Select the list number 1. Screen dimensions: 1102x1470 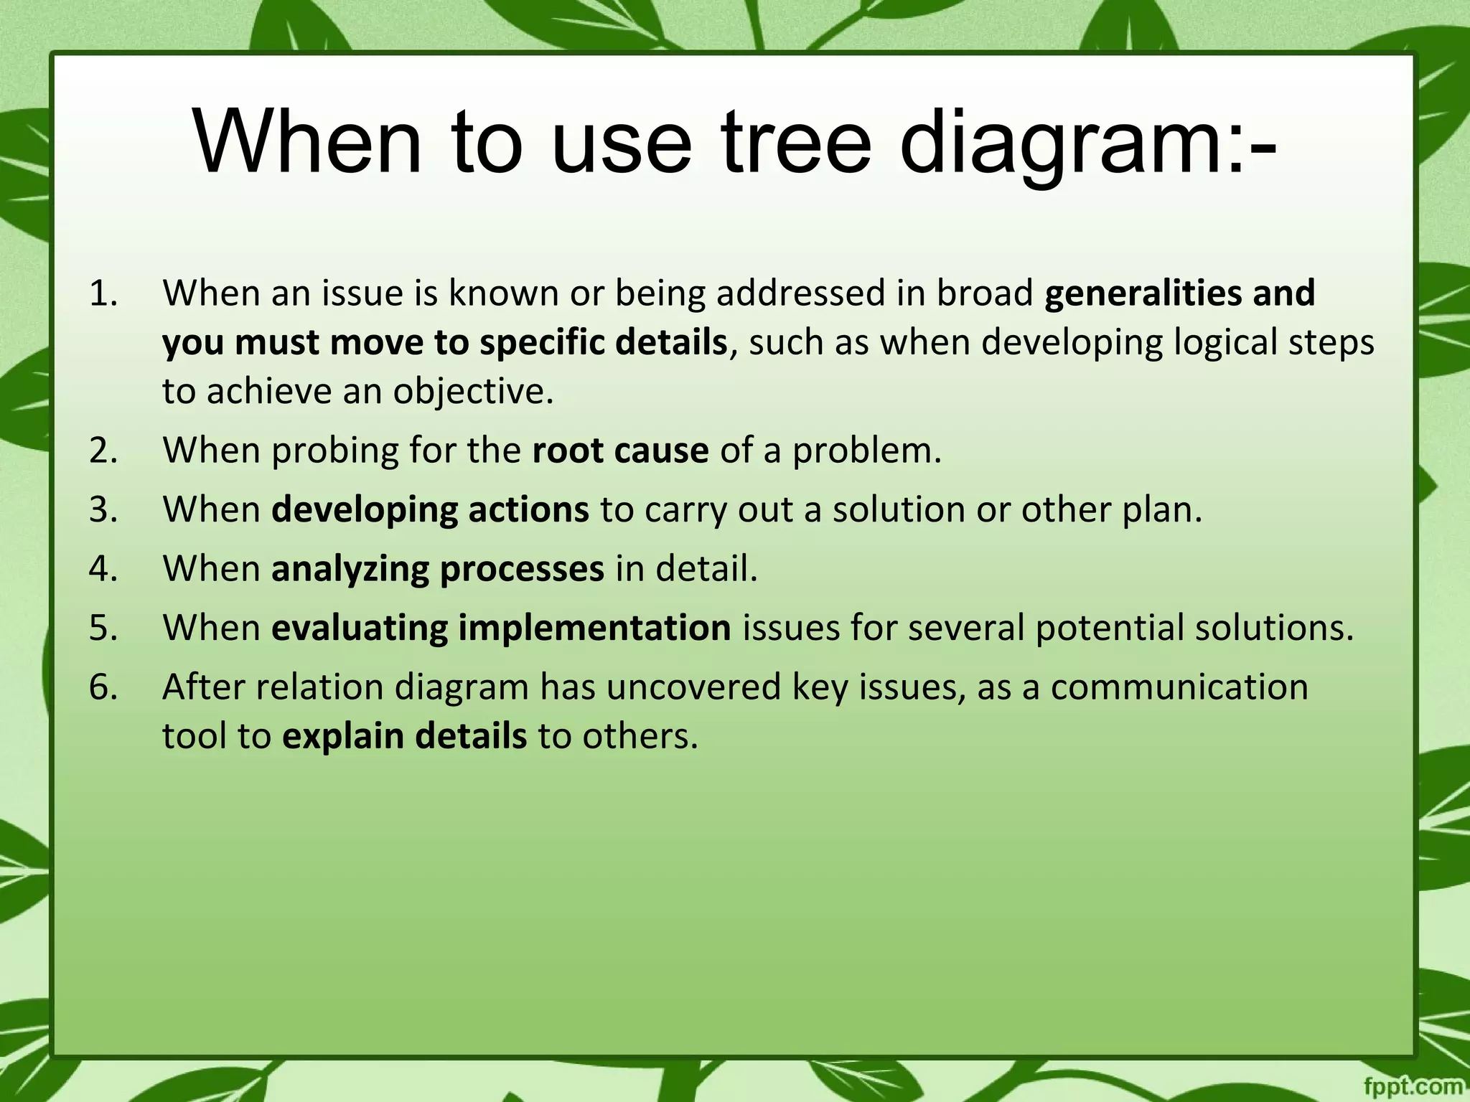(x=103, y=293)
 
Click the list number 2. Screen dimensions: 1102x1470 (x=103, y=451)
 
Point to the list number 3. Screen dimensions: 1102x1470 (x=103, y=510)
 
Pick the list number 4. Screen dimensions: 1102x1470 (x=103, y=569)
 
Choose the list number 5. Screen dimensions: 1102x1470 (x=103, y=628)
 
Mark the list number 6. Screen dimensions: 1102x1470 (x=103, y=687)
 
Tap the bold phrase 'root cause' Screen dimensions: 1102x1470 (x=620, y=451)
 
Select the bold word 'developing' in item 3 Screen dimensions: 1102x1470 (x=364, y=511)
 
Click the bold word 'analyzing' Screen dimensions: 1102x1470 (x=350, y=570)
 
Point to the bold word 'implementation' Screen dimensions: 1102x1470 (x=594, y=628)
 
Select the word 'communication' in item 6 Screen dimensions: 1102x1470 (x=1179, y=687)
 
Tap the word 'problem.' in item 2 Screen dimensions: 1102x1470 (x=866, y=451)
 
